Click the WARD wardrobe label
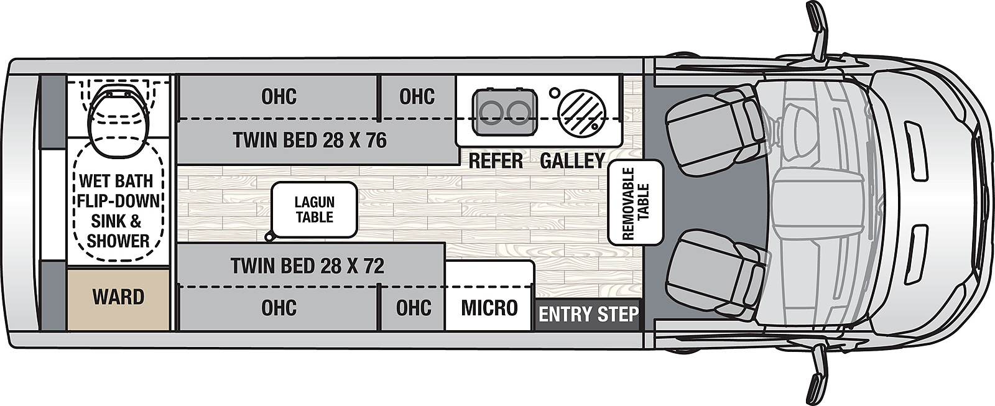[x=118, y=297]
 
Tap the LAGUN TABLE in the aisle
[x=314, y=210]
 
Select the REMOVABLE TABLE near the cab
[x=635, y=202]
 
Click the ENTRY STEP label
[x=588, y=314]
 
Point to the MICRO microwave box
[x=489, y=307]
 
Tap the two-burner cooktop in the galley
[x=504, y=111]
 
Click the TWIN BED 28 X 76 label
[x=310, y=141]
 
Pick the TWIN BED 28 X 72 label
[x=307, y=266]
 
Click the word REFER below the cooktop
[x=495, y=161]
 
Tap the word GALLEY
[x=572, y=161]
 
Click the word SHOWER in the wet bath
[x=118, y=241]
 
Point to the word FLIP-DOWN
[x=118, y=201]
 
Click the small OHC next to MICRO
[x=414, y=308]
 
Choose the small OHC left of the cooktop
[x=417, y=96]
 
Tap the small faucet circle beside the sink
[x=553, y=93]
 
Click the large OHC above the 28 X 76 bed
[x=279, y=96]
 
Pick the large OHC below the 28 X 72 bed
[x=279, y=308]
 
